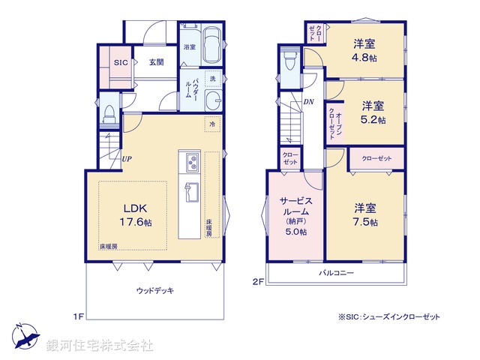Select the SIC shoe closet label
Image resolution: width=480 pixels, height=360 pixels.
[x=121, y=62]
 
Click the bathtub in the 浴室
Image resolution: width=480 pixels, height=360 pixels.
[x=211, y=43]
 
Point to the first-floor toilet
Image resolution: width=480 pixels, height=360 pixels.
[x=109, y=113]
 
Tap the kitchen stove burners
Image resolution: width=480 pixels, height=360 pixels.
[x=190, y=163]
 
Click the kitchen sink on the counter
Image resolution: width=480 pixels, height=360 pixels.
[x=190, y=192]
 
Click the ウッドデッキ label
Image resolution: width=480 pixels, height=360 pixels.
[x=155, y=290]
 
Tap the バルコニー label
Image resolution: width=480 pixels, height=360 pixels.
[x=335, y=273]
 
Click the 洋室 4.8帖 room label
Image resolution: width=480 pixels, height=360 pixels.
[x=367, y=49]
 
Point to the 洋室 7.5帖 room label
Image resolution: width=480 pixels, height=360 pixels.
[x=366, y=214]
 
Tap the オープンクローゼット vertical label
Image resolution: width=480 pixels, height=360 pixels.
[x=331, y=119]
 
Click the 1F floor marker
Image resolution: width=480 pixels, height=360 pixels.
[x=78, y=316]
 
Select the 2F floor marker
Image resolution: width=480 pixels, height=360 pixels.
[x=258, y=281]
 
